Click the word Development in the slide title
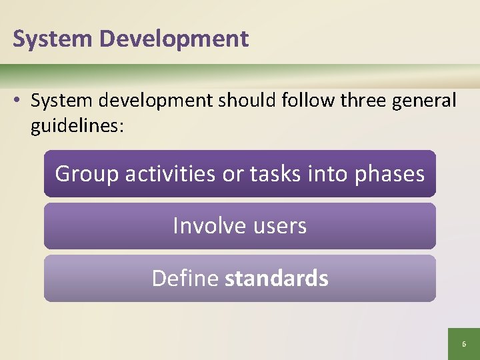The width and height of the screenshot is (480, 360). click(174, 39)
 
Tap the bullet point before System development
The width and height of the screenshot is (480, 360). click(19, 101)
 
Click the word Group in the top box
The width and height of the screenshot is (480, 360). click(87, 174)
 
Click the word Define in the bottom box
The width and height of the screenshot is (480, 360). click(185, 278)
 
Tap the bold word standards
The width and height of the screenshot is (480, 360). click(277, 278)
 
